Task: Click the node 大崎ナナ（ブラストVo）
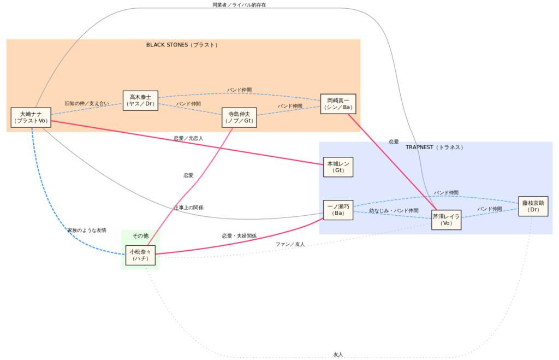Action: coord(31,117)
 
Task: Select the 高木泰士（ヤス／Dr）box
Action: coord(140,101)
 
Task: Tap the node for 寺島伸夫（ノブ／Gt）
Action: coord(239,117)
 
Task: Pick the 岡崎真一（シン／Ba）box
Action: coord(338,104)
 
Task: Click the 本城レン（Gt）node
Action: coord(338,167)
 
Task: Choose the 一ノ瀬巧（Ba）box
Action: coord(338,210)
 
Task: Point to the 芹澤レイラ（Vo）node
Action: coord(446,220)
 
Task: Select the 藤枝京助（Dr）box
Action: coord(533,206)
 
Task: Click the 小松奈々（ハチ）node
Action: coord(140,255)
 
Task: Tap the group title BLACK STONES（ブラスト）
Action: coord(182,45)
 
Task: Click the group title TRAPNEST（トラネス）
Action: coord(435,147)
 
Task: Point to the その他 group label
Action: coord(140,235)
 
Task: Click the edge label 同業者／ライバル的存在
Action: coord(239,5)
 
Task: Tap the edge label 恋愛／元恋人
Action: coord(188,139)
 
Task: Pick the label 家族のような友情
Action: coord(87,231)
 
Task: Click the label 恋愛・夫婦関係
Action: coord(239,236)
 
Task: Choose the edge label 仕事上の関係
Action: coord(189,208)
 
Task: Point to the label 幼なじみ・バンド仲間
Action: coord(394,211)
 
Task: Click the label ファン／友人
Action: coord(290,244)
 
